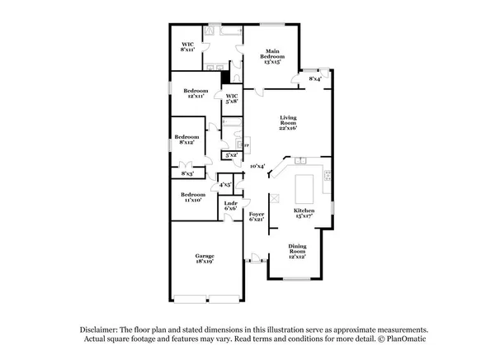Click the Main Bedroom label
click(273, 57)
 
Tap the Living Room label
click(288, 123)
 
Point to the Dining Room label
click(297, 252)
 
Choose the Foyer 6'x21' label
click(257, 216)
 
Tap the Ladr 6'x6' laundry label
click(232, 206)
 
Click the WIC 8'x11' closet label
click(187, 47)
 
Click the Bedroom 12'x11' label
click(196, 92)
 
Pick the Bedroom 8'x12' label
click(186, 140)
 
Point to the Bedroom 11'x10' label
click(195, 197)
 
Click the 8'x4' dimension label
click(315, 79)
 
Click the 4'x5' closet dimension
click(225, 185)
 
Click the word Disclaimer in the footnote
click(103, 329)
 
